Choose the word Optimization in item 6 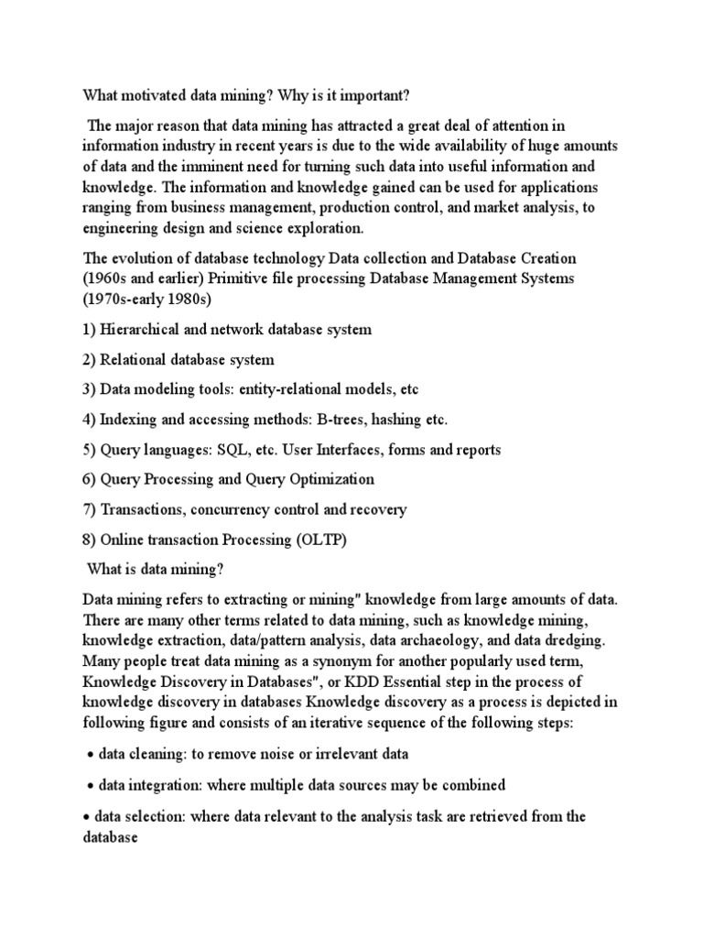coord(330,479)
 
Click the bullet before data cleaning coord(91,755)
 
